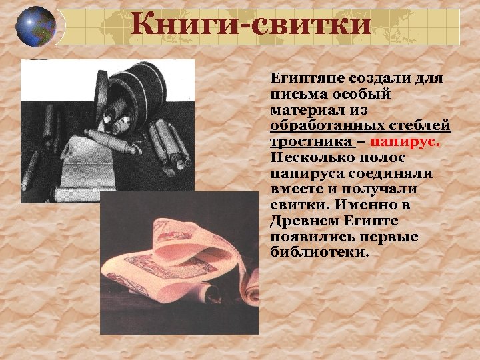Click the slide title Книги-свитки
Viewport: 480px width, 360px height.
point(251,26)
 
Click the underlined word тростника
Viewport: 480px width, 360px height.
point(311,142)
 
